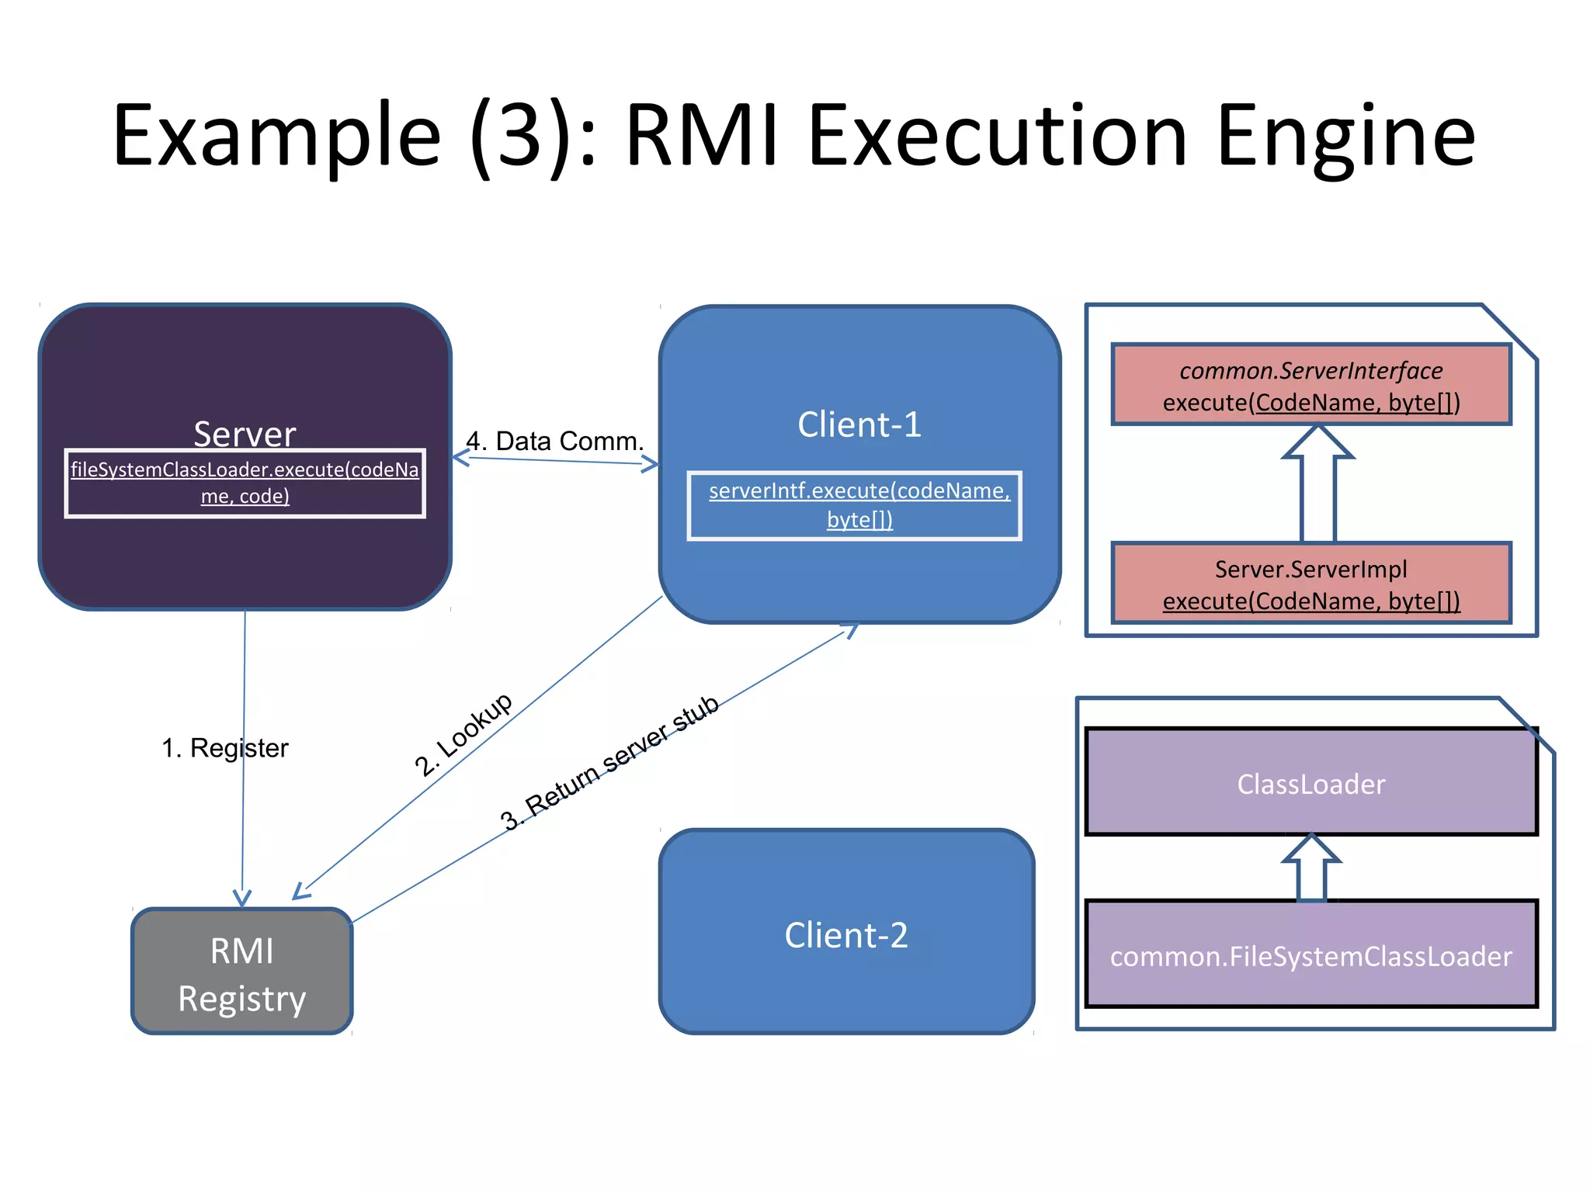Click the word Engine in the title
click(1345, 137)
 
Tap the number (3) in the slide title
click(518, 137)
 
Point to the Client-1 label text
click(859, 424)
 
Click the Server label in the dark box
click(245, 433)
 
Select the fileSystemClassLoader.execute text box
click(245, 483)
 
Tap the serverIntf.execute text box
click(855, 505)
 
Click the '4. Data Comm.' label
click(555, 441)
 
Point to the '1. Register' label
click(224, 748)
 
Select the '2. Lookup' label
click(463, 733)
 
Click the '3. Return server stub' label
click(609, 763)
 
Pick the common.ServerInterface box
click(1311, 385)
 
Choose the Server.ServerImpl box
click(1311, 584)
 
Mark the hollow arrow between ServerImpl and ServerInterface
click(1317, 485)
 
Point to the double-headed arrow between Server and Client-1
click(556, 461)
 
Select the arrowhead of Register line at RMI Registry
click(242, 898)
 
